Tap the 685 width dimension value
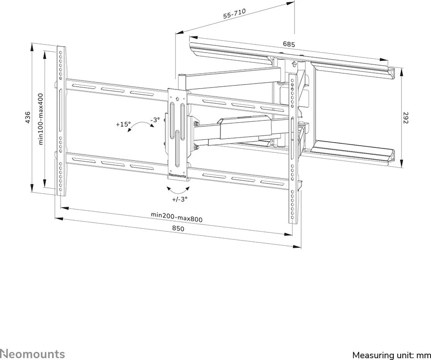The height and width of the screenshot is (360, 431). point(289,44)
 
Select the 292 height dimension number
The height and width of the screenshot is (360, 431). point(406,117)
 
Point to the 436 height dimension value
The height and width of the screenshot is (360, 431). point(28,117)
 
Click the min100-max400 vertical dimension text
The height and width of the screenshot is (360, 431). point(41,119)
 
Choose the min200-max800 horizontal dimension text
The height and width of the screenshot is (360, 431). point(176,217)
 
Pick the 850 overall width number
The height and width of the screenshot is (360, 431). point(178,228)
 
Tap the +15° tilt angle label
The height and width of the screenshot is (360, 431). point(123,124)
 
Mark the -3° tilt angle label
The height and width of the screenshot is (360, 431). point(155,120)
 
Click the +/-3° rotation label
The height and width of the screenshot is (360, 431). point(180,199)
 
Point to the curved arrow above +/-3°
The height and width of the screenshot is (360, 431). point(178,190)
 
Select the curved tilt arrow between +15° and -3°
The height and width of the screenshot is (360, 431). point(141,126)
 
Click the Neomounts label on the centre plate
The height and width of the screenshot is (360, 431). point(177,175)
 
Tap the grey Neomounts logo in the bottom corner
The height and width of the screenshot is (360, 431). point(32,354)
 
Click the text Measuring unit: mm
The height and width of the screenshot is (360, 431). point(391,355)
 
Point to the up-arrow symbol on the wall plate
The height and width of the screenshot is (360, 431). point(294,64)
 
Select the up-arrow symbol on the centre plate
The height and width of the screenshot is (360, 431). point(176,98)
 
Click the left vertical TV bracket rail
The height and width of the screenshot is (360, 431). point(62,121)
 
